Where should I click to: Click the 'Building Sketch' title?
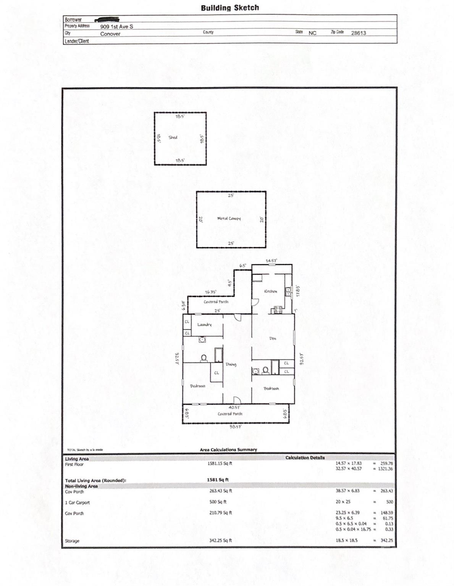pyautogui.click(x=229, y=8)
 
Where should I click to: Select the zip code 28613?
pyautogui.click(x=358, y=33)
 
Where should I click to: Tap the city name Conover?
pyautogui.click(x=110, y=34)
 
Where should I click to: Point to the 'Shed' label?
pyautogui.click(x=173, y=137)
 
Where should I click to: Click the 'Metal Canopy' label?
pyautogui.click(x=229, y=219)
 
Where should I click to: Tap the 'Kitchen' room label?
pyautogui.click(x=270, y=291)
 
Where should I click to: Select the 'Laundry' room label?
pyautogui.click(x=204, y=325)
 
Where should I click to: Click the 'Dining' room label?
pyautogui.click(x=231, y=364)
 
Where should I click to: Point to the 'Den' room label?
pyautogui.click(x=272, y=338)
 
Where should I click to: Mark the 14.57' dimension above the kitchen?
pyautogui.click(x=271, y=261)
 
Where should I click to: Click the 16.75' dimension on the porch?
pyautogui.click(x=211, y=292)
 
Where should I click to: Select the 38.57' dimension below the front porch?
pyautogui.click(x=235, y=427)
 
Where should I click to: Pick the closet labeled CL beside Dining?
pyautogui.click(x=216, y=373)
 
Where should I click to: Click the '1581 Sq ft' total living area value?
pyautogui.click(x=218, y=480)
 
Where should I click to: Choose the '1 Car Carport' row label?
pyautogui.click(x=77, y=502)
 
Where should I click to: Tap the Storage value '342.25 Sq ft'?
pyautogui.click(x=220, y=540)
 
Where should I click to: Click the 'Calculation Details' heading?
pyautogui.click(x=305, y=457)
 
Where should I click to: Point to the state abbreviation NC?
pyautogui.click(x=312, y=33)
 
